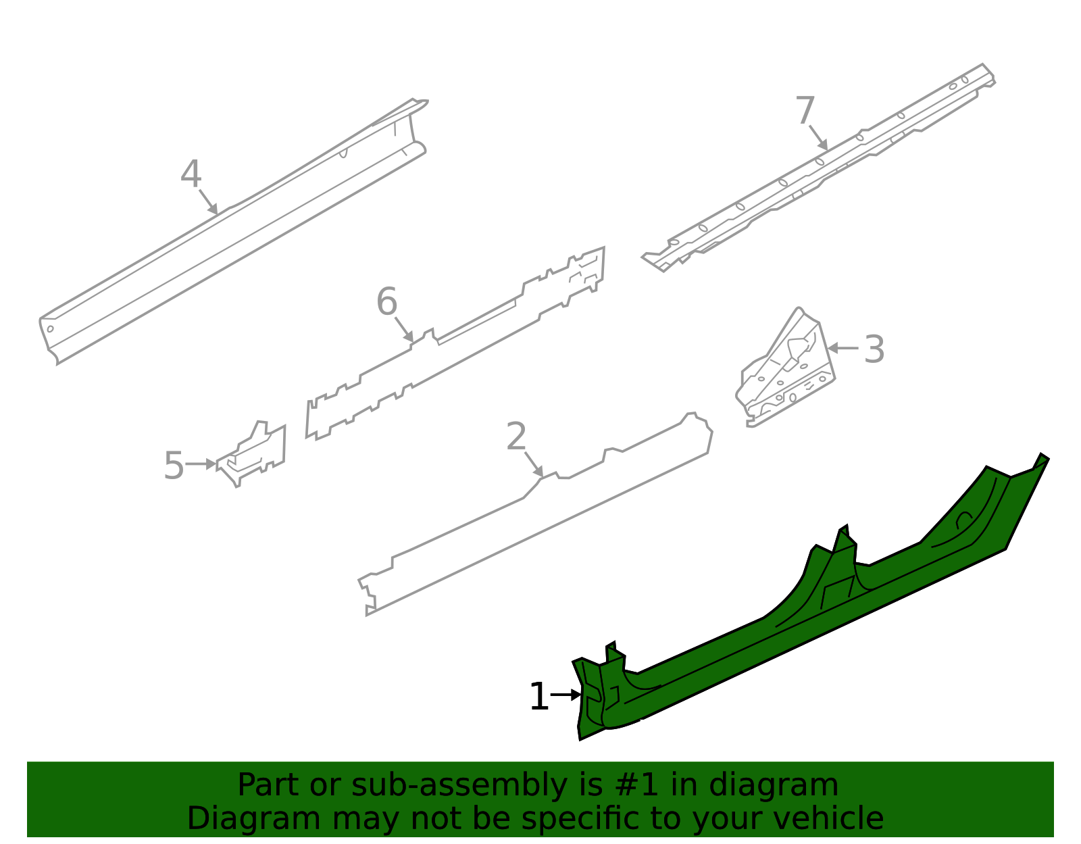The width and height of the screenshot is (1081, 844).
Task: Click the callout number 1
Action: pos(538,697)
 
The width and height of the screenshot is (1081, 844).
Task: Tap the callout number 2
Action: pos(516,437)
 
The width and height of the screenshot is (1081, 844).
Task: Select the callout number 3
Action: pos(874,349)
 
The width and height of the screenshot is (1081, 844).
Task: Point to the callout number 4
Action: pos(191,174)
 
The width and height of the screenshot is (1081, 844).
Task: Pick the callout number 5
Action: pos(174,466)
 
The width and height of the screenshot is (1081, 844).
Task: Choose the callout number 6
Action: pos(386,301)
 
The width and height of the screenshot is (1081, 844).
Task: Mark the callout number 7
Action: pos(805,111)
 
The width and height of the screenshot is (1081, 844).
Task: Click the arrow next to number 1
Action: pos(566,695)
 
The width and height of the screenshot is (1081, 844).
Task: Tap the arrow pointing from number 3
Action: pos(843,348)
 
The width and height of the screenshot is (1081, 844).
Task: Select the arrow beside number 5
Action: pos(201,464)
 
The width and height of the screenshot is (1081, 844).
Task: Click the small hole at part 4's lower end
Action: pos(50,329)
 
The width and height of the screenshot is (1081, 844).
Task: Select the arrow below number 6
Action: pos(404,330)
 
